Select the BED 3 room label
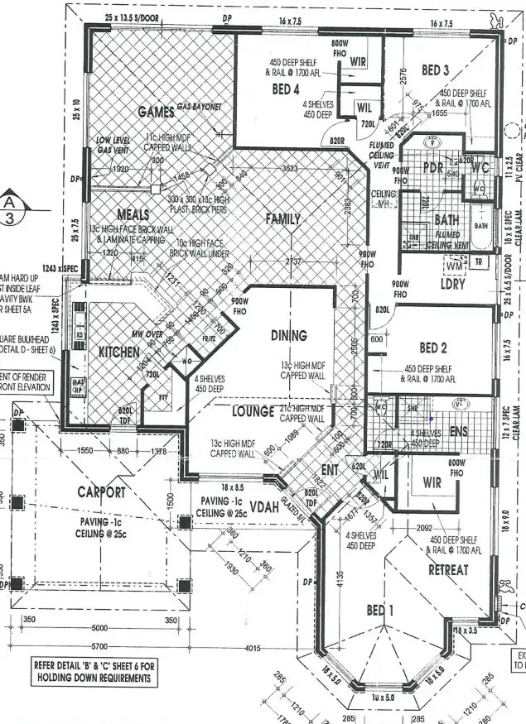point(435,71)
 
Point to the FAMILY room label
point(282,219)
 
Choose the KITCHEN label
point(119,352)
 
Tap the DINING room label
point(289,336)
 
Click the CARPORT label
point(101,492)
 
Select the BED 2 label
point(433,348)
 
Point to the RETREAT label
point(448,570)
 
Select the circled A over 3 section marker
point(11,210)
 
